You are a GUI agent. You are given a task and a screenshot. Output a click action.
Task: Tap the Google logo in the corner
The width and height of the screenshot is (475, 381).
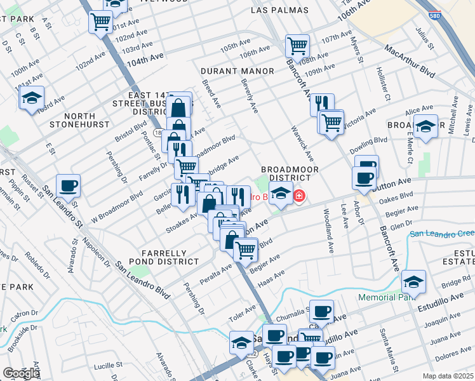click(x=20, y=373)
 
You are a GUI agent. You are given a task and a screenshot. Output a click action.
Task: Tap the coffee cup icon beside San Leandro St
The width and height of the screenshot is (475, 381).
click(x=69, y=186)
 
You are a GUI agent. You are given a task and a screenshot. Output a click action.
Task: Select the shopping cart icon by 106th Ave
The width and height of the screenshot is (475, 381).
click(x=297, y=45)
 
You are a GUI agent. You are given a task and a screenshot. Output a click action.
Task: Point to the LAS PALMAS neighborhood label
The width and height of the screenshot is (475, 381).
click(x=279, y=10)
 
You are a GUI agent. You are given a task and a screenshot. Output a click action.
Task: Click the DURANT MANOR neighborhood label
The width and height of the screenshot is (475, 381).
click(x=237, y=71)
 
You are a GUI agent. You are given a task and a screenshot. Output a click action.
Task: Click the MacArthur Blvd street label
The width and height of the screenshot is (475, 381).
click(x=409, y=60)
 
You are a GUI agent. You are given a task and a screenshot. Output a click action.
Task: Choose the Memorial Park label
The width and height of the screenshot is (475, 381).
click(x=385, y=297)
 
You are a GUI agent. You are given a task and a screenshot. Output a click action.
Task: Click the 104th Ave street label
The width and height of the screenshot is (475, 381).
click(x=145, y=57)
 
